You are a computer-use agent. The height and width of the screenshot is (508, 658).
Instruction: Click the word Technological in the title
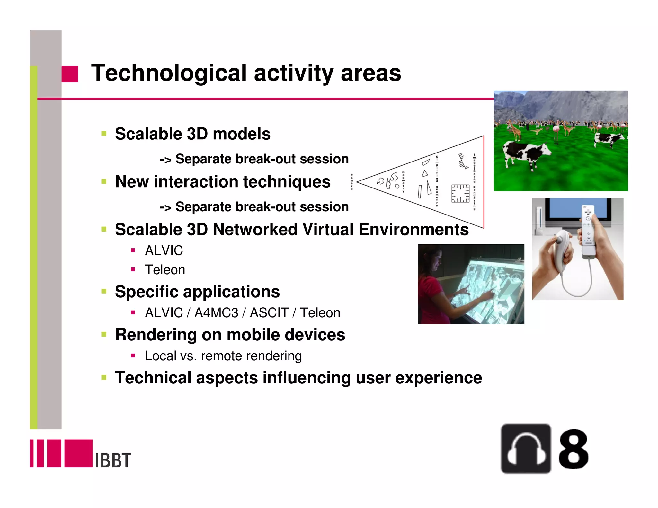(169, 73)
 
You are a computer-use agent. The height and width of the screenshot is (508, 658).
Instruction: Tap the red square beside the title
(70, 74)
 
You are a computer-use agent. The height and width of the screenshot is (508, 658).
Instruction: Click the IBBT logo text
(113, 460)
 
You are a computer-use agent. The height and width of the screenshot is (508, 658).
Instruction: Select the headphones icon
(526, 449)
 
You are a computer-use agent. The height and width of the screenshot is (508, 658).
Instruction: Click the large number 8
(573, 449)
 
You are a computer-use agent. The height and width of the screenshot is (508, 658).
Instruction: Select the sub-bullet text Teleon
(165, 270)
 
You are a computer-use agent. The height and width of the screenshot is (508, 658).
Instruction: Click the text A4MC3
(216, 313)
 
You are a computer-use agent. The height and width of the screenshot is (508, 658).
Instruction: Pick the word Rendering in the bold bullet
(155, 335)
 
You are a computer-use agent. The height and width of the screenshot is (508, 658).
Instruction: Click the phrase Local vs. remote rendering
(223, 356)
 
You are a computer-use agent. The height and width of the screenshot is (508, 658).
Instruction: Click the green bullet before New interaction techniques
(104, 181)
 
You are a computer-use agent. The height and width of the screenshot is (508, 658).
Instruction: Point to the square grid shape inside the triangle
(460, 193)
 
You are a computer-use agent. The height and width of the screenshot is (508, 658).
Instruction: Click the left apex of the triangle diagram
(358, 182)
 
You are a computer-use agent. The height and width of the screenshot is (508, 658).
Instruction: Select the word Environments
(413, 230)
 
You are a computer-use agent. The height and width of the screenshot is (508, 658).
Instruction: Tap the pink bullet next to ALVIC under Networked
(133, 250)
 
